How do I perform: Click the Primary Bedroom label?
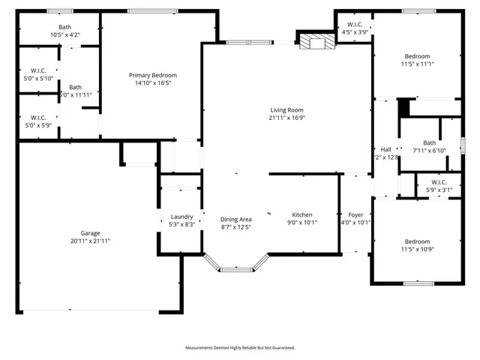pos(153,75)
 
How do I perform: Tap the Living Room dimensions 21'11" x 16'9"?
pos(288,118)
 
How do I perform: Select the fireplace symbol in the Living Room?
pos(314,42)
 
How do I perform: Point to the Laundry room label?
pos(181,217)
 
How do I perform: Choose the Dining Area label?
pos(235,219)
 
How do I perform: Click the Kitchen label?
pos(302,214)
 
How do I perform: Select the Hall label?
pos(385,149)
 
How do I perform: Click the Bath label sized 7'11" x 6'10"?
pos(429,142)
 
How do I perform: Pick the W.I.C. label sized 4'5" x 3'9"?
pos(355,24)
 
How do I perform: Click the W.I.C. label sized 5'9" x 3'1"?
pos(439,181)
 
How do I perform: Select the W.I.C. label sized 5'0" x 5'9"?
pos(38,117)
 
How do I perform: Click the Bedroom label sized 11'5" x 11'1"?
pos(418,56)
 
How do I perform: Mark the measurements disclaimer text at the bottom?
pos(240,348)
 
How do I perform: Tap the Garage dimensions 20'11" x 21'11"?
pos(90,241)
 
